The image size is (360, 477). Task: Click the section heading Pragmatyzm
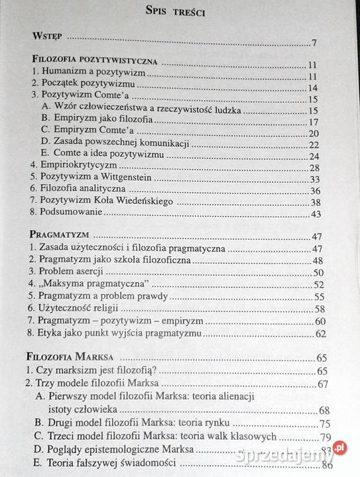click(60, 236)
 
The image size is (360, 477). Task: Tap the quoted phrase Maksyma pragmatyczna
click(95, 285)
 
